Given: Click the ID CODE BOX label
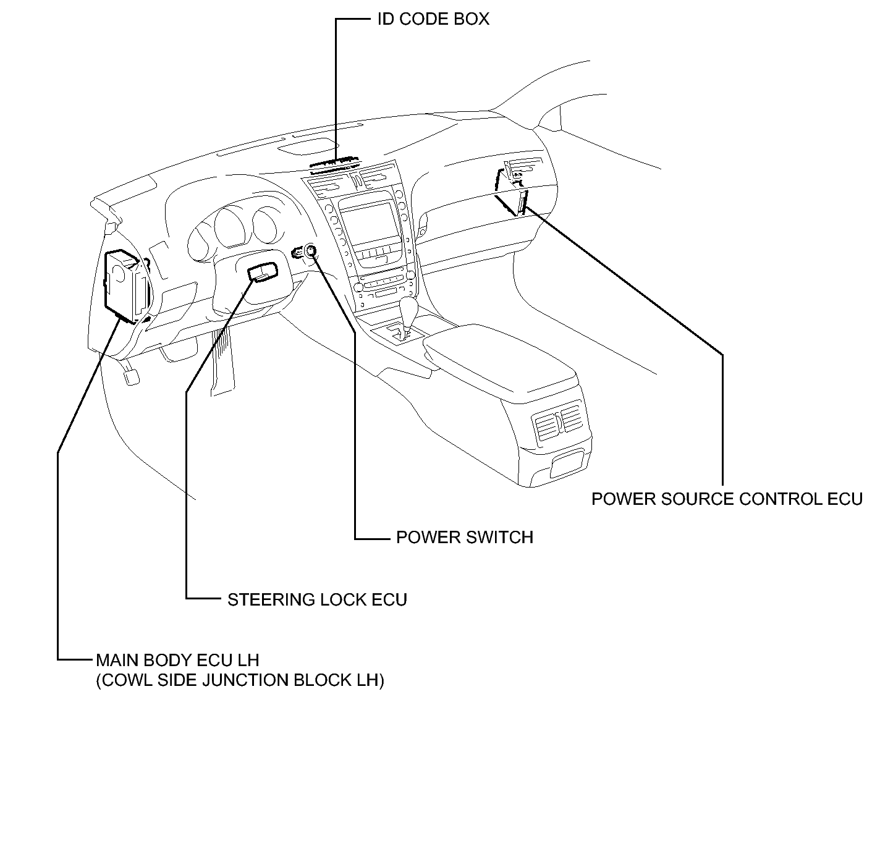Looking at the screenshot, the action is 433,19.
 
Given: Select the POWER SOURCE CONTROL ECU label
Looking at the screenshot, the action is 727,499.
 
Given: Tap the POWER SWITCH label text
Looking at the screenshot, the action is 465,537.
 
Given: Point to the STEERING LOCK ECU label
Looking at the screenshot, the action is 317,599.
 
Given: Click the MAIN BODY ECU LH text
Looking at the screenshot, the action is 177,660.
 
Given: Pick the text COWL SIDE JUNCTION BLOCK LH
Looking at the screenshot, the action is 240,680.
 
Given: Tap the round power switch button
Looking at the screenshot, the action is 310,250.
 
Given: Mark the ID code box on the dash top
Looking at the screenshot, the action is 336,163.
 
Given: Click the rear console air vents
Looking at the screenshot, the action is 558,421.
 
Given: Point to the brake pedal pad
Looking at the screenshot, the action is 132,376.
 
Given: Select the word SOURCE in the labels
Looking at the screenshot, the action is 697,499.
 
